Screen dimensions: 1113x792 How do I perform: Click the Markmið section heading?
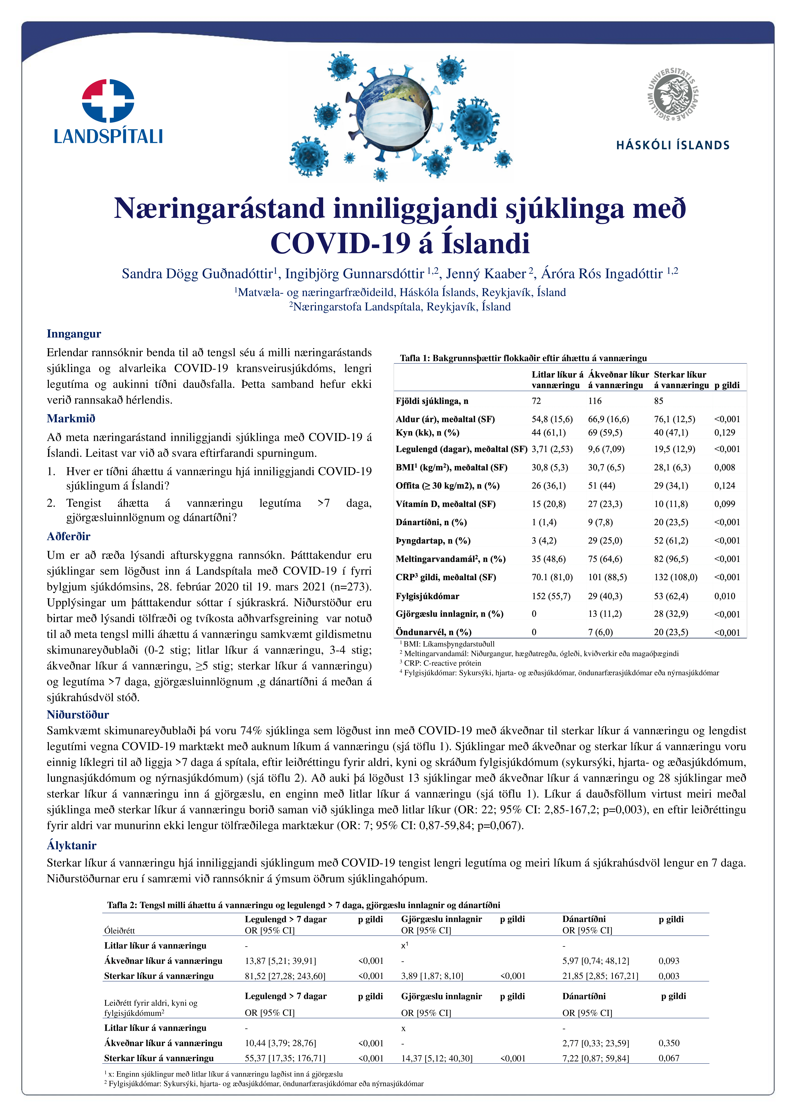coord(71,418)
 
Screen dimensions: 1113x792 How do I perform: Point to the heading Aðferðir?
coord(68,536)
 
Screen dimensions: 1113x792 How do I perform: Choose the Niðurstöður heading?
coord(78,715)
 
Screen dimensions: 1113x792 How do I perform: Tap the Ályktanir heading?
coord(71,845)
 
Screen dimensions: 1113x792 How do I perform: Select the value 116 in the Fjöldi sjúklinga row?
coord(594,401)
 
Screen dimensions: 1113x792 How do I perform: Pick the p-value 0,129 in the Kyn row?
coord(724,433)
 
